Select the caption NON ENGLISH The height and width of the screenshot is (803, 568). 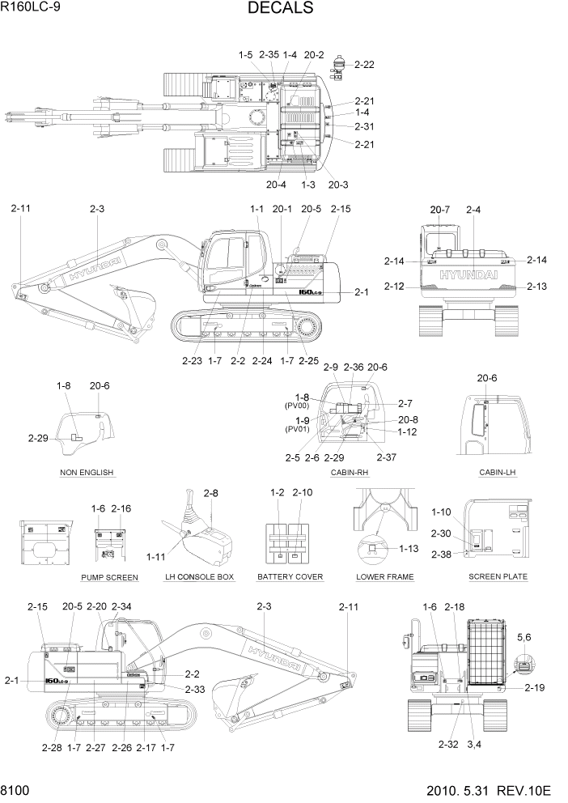[87, 472]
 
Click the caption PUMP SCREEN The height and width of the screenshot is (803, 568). [109, 577]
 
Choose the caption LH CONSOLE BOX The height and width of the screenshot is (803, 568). [199, 577]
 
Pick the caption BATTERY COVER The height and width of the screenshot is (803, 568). [290, 577]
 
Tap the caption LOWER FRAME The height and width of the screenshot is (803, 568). [385, 577]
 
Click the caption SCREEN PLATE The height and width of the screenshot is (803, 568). [498, 576]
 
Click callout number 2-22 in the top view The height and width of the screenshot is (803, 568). [364, 64]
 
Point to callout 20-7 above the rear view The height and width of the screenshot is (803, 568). [440, 210]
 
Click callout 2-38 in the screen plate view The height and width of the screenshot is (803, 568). [441, 554]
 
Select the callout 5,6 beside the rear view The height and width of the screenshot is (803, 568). [525, 637]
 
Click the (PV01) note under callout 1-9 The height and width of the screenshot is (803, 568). [297, 429]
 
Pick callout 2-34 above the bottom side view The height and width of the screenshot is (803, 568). [121, 606]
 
